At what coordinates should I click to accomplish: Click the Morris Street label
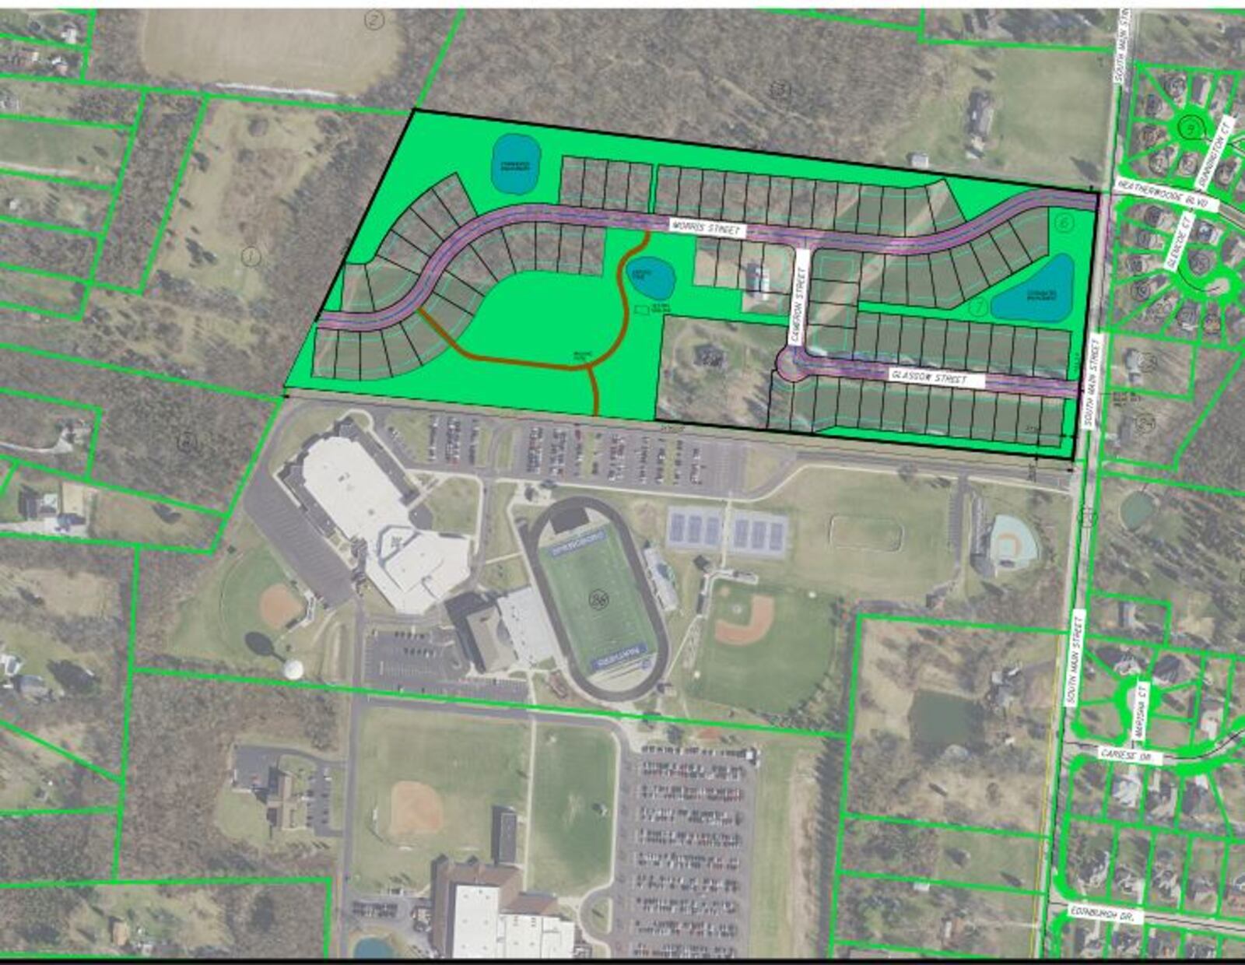(707, 228)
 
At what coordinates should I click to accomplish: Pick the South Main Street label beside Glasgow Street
(1092, 381)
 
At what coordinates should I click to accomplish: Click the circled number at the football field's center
(599, 598)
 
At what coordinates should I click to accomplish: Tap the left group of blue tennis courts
(694, 530)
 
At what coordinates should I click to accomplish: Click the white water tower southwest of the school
(293, 668)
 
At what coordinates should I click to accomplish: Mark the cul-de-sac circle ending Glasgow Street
(792, 363)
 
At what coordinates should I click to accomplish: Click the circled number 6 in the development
(1064, 223)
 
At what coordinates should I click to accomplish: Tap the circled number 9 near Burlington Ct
(1190, 128)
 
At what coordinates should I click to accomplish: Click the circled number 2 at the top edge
(376, 20)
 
